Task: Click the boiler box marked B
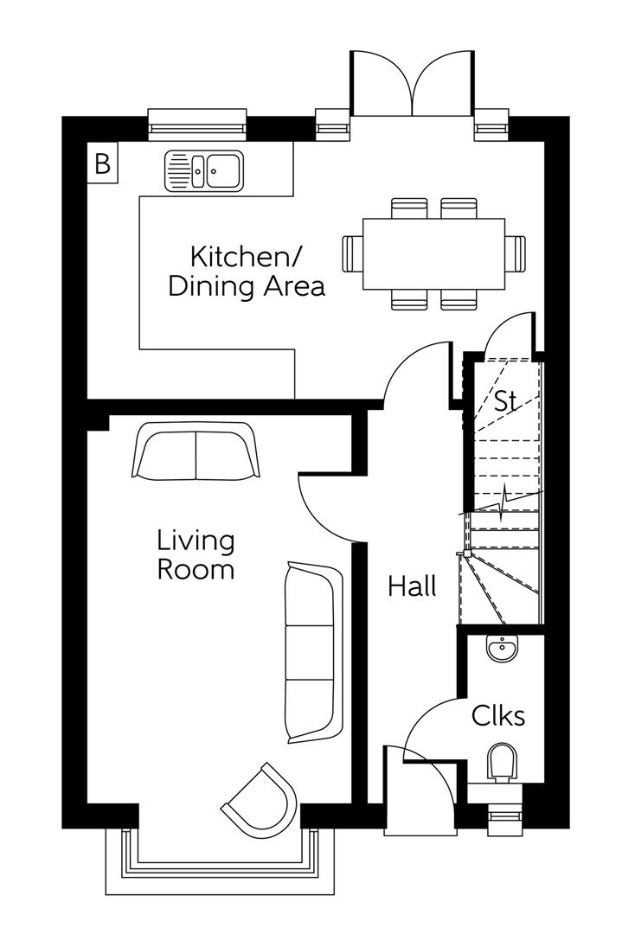tap(102, 163)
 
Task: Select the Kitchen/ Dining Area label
tap(246, 272)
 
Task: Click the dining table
tap(433, 253)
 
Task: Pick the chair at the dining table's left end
tap(352, 253)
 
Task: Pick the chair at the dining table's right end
tap(516, 253)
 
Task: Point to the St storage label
tap(504, 401)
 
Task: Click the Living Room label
tap(195, 555)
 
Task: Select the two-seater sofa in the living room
tap(195, 451)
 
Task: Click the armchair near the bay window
tap(260, 802)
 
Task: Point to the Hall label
tap(412, 587)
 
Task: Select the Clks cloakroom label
tap(497, 716)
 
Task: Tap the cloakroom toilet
tap(502, 764)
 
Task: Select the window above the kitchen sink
tap(197, 125)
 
